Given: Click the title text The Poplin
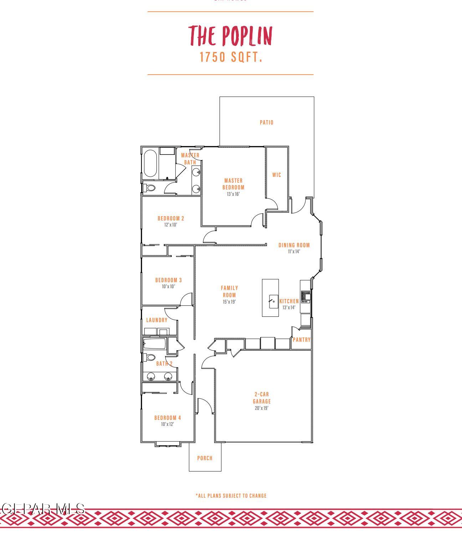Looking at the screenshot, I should pos(230,36).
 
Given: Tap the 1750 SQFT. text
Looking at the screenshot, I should pos(231,57).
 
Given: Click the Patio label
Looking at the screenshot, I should pos(266,123).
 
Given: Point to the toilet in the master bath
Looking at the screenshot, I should pos(149,188).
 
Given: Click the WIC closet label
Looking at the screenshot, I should pos(277,175).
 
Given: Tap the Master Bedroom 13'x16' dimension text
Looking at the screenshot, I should pos(233,194).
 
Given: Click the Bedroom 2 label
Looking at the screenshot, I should pos(171,218).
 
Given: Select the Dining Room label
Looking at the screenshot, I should pos(294,245).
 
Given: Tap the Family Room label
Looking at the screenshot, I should pos(229,291).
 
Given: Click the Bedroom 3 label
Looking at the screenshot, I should pos(168,280).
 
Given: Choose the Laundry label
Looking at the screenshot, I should pos(156,320).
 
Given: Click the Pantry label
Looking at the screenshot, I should pos(301,340).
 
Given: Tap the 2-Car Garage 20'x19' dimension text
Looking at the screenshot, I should pos(261,408).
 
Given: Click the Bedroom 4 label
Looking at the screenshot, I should pos(168,418).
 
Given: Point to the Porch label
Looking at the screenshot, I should pos(205,458).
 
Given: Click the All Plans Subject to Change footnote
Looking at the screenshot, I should pos(231,496).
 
